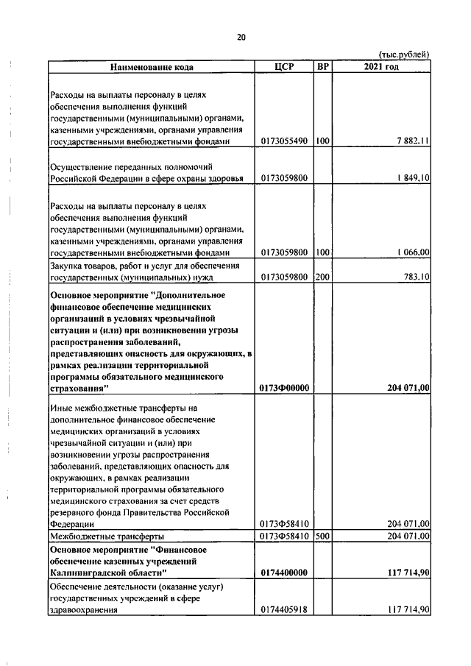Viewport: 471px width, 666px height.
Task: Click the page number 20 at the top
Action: [241, 38]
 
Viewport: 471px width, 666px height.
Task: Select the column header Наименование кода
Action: [152, 67]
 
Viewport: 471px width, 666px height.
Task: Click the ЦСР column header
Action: [284, 67]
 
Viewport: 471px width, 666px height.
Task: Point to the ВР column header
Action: [322, 67]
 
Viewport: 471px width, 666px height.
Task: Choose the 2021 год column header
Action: [381, 67]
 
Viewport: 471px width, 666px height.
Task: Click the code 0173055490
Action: [285, 141]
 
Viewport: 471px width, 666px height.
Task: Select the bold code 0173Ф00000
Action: [285, 388]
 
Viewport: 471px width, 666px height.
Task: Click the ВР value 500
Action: [322, 536]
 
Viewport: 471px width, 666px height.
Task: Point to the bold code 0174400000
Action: [285, 572]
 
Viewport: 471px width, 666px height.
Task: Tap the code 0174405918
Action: [285, 609]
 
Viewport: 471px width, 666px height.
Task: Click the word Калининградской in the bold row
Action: [88, 572]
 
